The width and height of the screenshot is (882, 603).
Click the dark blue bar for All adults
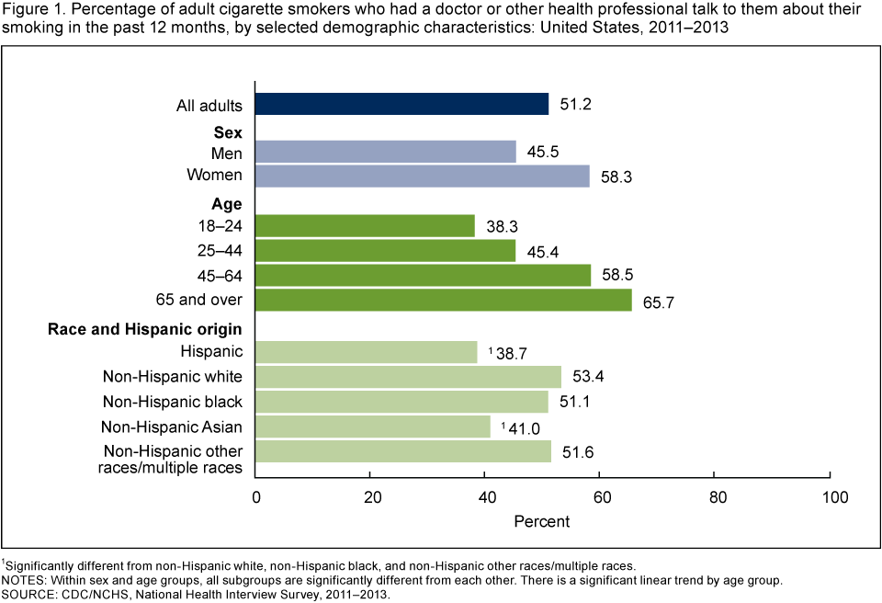click(x=401, y=105)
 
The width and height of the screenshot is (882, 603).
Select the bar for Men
click(x=386, y=151)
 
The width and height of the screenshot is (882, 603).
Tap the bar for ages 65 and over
click(x=443, y=300)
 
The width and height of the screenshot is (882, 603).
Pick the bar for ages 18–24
click(x=365, y=225)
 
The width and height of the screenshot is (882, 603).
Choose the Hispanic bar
click(x=367, y=351)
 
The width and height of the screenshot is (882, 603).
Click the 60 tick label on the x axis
click(x=600, y=497)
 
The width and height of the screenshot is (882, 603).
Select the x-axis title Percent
click(x=542, y=521)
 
